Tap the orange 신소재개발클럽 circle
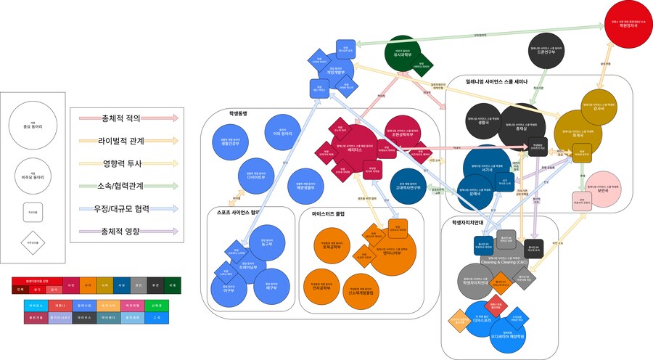pyautogui.click(x=361, y=290)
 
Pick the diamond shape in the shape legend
pyautogui.click(x=33, y=242)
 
